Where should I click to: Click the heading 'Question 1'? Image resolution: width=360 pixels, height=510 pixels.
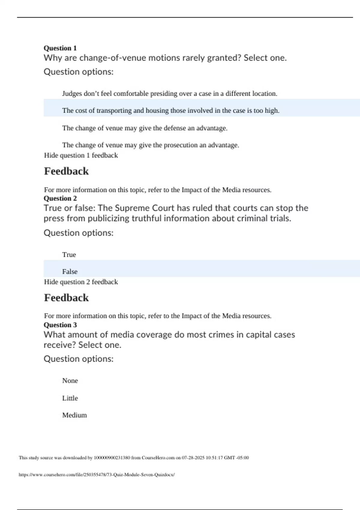(60, 48)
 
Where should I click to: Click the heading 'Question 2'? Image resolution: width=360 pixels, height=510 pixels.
(60, 198)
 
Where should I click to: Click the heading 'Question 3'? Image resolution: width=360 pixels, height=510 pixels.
(60, 325)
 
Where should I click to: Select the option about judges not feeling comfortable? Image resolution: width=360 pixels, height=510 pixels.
(169, 94)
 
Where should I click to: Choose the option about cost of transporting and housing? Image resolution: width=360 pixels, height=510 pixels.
(171, 111)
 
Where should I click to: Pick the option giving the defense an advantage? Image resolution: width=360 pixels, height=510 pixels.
(145, 128)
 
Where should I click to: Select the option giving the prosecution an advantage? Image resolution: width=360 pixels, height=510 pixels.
(151, 145)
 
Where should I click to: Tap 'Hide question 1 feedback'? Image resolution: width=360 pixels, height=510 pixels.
(81, 155)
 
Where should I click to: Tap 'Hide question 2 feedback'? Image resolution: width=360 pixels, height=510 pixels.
(81, 282)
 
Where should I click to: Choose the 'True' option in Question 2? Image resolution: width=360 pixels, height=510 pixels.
(69, 255)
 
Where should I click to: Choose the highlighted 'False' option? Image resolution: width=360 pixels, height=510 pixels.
(70, 272)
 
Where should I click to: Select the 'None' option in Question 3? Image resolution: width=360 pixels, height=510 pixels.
(70, 381)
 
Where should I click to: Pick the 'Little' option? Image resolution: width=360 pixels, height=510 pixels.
(70, 398)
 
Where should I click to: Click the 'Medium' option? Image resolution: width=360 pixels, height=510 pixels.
(74, 415)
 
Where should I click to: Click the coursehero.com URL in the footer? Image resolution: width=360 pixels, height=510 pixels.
(97, 475)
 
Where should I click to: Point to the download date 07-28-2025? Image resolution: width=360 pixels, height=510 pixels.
(193, 458)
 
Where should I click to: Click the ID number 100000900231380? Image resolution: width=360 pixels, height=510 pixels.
(112, 458)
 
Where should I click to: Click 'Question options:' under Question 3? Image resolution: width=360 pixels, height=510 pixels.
(78, 359)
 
